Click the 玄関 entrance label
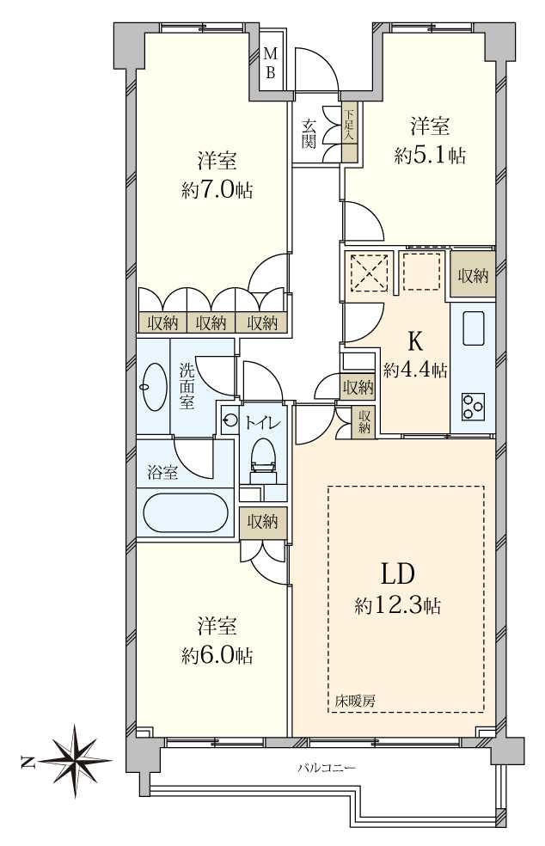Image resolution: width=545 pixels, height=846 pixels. pos(308,133)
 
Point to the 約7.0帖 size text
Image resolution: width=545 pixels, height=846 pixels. pos(217,190)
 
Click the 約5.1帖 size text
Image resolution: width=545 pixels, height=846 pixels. pos(430,156)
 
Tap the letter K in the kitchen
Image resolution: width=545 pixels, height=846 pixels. pos(414,342)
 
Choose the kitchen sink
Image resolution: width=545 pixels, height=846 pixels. pos(475,327)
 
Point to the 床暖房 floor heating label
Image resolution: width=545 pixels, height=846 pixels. pos(356,701)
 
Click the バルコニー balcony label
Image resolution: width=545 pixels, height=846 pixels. pos(326,767)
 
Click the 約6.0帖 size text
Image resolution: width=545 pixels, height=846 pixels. pos(217,655)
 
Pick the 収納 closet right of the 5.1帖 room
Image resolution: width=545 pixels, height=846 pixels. pos(472,276)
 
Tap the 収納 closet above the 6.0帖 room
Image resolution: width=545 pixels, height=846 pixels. pos(263,522)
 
